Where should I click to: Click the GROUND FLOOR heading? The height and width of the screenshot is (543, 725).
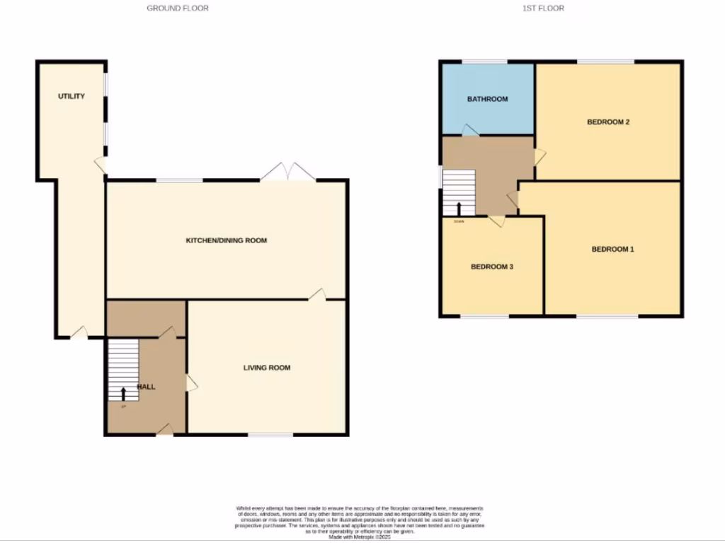coord(178,8)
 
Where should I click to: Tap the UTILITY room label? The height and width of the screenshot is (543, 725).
coord(72,96)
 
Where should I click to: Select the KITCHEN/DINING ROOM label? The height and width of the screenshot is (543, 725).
coord(226,240)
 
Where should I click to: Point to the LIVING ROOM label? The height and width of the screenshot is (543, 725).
coord(267,368)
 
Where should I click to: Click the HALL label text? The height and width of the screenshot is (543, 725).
coord(146,387)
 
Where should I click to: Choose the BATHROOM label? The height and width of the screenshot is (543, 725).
coord(487,99)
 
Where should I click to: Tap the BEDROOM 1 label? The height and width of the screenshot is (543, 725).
coord(612,249)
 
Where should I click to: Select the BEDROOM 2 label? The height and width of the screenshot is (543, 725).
coord(608,122)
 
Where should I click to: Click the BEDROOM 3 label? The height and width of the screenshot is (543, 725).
coord(491,267)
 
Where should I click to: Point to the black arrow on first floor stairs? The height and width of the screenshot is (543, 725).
coord(459,208)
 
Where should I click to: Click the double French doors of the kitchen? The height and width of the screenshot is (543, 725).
coord(289,173)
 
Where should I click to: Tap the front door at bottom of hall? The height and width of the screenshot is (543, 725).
coord(165,428)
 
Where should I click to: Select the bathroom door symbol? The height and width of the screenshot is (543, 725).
coord(469,130)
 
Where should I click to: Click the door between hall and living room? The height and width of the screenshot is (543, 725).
coord(191,383)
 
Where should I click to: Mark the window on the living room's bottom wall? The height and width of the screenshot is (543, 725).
coord(270,434)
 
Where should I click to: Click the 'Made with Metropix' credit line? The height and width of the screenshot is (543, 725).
coord(362,537)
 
